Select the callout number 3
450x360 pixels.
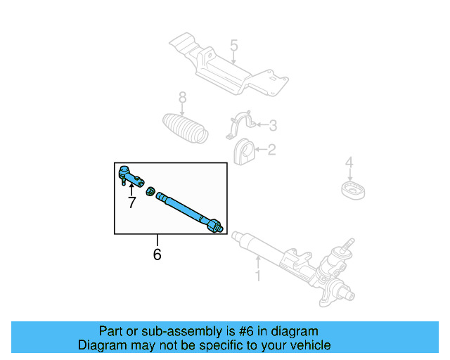click(273, 126)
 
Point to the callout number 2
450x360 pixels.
click(271, 149)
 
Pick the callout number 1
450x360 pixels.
click(258, 276)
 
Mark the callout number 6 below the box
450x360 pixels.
click(157, 254)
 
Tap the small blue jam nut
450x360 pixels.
click(150, 191)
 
